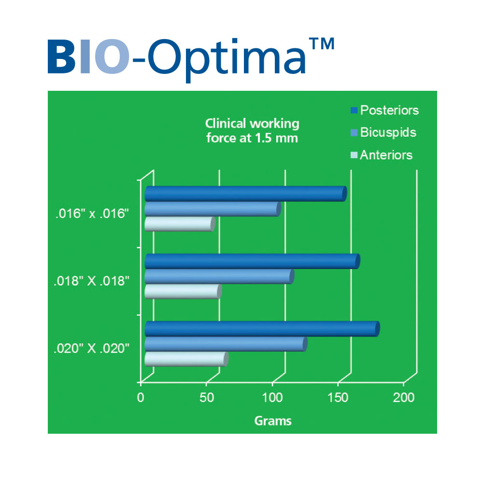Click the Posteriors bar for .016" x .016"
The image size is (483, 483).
246,194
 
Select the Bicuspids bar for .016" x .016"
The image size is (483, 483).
213,209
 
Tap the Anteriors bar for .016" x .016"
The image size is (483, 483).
180,224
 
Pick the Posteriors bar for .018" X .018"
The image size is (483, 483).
252,261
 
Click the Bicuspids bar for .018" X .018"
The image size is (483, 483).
219,276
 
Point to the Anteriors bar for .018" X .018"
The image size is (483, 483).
183,291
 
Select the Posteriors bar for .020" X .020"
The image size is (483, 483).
262,328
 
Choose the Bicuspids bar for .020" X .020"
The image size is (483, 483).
226,344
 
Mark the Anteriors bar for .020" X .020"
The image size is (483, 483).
186,359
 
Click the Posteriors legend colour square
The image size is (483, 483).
354,110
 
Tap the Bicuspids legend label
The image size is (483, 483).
388,133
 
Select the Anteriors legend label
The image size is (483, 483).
386,155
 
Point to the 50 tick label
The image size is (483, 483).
207,398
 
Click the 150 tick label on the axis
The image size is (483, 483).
338,398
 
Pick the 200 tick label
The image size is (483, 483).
403,398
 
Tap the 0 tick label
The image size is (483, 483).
141,398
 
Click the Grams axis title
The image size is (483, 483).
273,421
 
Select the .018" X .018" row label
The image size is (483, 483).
91,281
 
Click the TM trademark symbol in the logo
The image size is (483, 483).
322,44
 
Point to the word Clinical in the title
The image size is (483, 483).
225,124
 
